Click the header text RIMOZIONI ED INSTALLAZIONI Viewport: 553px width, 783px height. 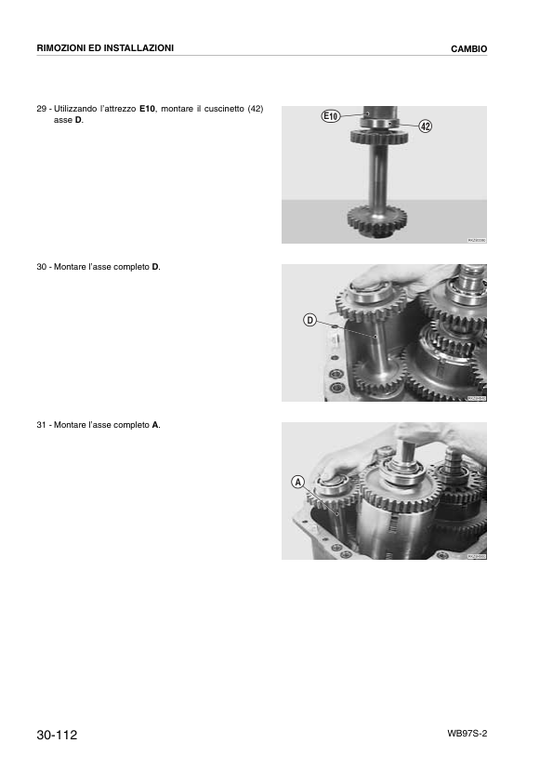pos(105,47)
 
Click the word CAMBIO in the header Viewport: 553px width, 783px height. pos(469,48)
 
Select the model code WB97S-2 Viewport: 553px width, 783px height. pos(467,734)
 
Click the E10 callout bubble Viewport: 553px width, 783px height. pos(332,116)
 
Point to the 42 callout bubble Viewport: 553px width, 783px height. pos(426,126)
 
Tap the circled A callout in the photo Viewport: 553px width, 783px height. pos(297,482)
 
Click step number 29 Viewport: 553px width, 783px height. pos(42,109)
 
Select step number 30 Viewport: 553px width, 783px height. pos(42,267)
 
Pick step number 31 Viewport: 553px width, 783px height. pos(42,425)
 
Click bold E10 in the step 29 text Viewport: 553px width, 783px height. pos(147,109)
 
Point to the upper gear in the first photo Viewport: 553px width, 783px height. pos(379,138)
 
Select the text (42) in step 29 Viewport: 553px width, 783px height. pos(255,109)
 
